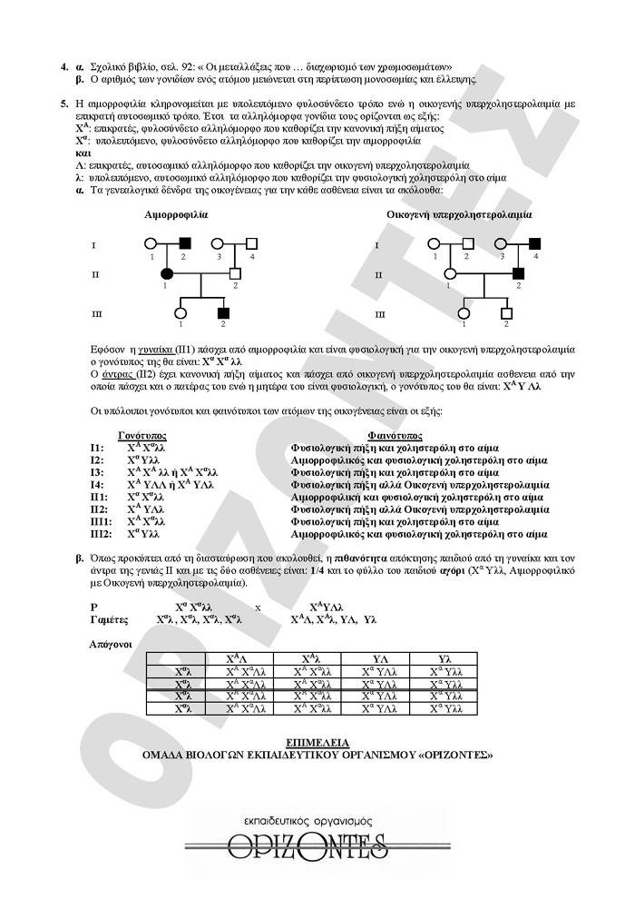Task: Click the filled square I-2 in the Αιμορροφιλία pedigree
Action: (186, 243)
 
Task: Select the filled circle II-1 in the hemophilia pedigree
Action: (167, 273)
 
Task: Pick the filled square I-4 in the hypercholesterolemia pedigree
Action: (534, 243)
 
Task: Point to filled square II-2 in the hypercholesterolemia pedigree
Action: (518, 273)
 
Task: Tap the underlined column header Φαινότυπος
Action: (396, 436)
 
